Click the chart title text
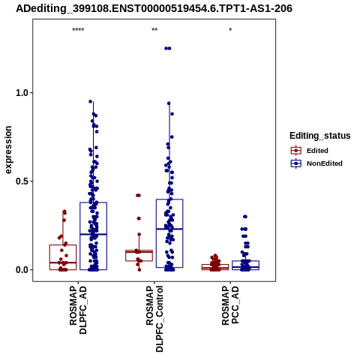tap(154, 8)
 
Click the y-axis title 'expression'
tap(8, 150)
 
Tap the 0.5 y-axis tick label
tap(21, 181)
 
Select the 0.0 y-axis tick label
tap(21, 270)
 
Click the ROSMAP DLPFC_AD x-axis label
tap(78, 310)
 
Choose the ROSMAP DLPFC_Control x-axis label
tap(154, 319)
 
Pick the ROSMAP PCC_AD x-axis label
tap(230, 305)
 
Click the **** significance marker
tap(78, 30)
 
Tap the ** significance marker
tap(154, 30)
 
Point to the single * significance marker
tap(230, 30)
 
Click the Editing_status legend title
tap(320, 136)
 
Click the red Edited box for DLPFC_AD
tap(63, 257)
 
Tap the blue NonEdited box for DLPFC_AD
tap(93, 236)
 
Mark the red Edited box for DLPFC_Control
tap(139, 256)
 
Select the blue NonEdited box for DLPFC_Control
tap(169, 233)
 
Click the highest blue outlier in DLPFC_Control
tap(168, 49)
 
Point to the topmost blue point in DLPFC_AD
tap(91, 101)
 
